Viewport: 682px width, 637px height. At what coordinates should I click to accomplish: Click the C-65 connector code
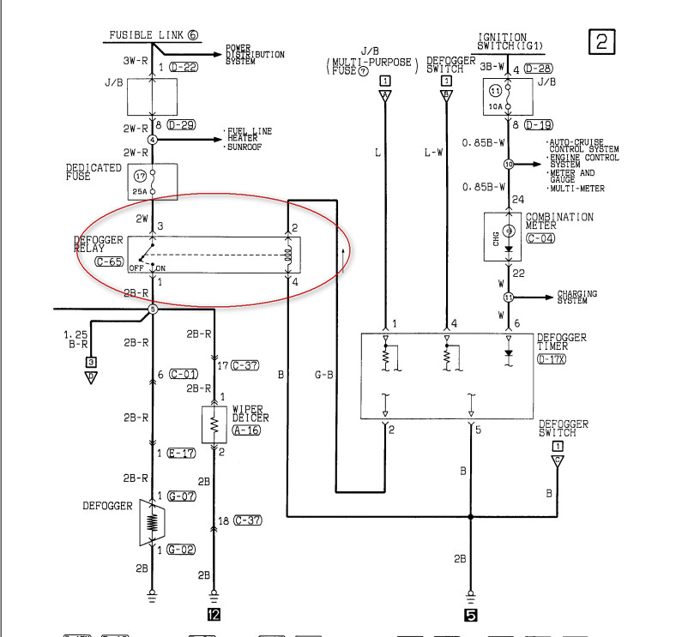coord(109,261)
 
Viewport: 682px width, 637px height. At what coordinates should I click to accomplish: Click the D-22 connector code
coord(184,66)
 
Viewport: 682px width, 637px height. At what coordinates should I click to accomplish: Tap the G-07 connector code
coord(182,496)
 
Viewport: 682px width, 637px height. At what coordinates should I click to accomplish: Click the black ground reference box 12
coord(214,614)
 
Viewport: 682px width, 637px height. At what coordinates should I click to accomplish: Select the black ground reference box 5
coord(471,614)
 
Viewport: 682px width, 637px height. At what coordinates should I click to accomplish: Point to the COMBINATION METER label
coord(559,222)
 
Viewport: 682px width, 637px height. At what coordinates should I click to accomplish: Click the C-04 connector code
coord(541,238)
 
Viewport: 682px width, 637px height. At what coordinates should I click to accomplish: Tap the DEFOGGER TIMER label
coord(562,343)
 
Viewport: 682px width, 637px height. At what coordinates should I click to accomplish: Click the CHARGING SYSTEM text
coord(576,297)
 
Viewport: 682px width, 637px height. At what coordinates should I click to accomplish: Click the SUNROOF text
coord(245,147)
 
